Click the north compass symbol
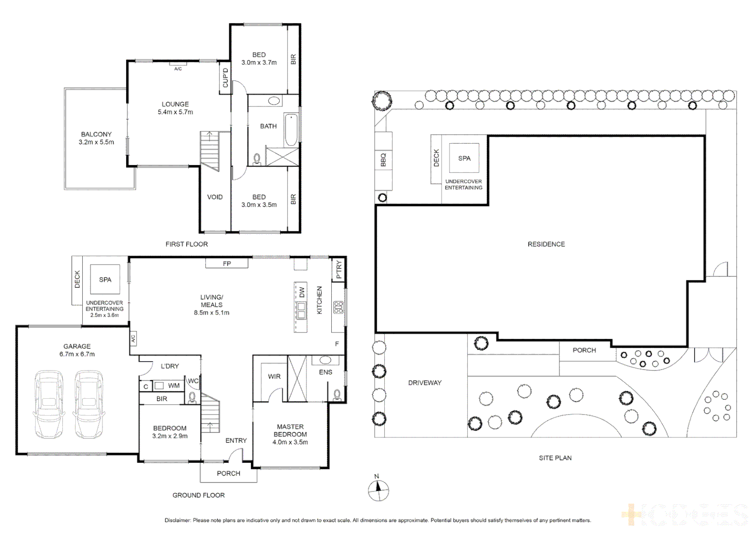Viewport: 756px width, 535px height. pos(378,490)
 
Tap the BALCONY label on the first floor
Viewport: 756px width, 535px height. pos(96,134)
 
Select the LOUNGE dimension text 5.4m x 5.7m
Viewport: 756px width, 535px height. pos(175,112)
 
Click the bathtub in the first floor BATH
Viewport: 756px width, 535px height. pos(291,130)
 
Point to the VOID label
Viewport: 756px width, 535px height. pos(215,197)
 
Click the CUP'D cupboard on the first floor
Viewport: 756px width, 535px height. pos(226,78)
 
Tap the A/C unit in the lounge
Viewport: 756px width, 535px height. pos(178,64)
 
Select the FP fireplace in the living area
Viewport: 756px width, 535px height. pos(227,264)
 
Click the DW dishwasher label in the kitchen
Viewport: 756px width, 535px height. pos(302,292)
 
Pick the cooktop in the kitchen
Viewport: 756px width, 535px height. pos(338,308)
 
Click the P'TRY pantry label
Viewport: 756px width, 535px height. pos(339,270)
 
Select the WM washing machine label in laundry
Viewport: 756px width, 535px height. pos(174,385)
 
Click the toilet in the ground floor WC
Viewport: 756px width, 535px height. pos(193,397)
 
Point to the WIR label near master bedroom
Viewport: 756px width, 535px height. pos(274,376)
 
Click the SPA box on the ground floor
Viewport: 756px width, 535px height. pos(105,280)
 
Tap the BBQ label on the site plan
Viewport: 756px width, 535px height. pos(383,160)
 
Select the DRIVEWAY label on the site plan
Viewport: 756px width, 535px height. pos(425,383)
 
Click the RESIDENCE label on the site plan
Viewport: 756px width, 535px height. pos(546,244)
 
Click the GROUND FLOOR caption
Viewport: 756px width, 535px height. pos(199,495)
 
